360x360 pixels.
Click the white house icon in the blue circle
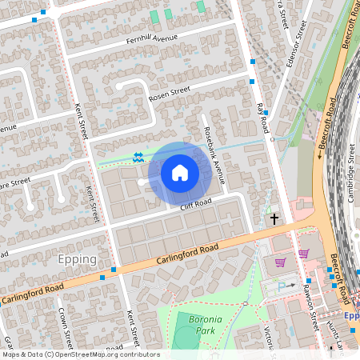pyautogui.click(x=180, y=171)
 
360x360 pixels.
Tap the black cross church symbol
pyautogui.click(x=274, y=218)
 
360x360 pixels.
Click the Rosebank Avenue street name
pyautogui.click(x=213, y=151)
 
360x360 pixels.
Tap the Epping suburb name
pyautogui.click(x=78, y=259)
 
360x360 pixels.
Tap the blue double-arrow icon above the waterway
pyautogui.click(x=138, y=157)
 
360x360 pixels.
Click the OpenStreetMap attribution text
pyautogui.click(x=80, y=354)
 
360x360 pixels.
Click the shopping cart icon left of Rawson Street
pyautogui.click(x=280, y=262)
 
